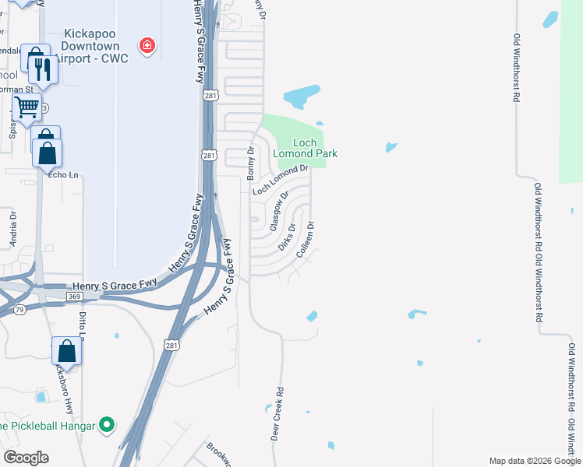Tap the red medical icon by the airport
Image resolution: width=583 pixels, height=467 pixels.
(146, 47)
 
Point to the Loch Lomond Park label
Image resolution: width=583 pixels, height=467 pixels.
(305, 148)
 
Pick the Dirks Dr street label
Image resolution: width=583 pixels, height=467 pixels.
(288, 237)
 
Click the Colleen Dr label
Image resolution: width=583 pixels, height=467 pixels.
(310, 236)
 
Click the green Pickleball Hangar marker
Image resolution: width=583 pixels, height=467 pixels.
(108, 425)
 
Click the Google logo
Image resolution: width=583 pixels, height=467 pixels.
(26, 458)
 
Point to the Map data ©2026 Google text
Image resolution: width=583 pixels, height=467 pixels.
(534, 461)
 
